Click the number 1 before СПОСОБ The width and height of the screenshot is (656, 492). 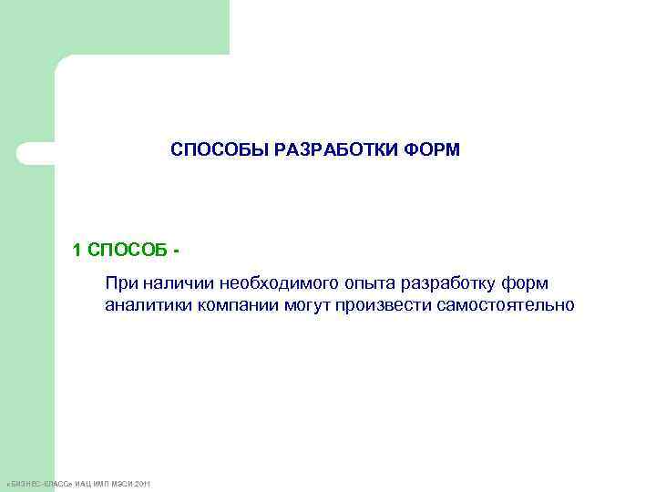[x=77, y=249]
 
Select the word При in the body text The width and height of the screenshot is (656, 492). [x=120, y=283]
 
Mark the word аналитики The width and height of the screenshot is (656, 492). [x=146, y=304]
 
